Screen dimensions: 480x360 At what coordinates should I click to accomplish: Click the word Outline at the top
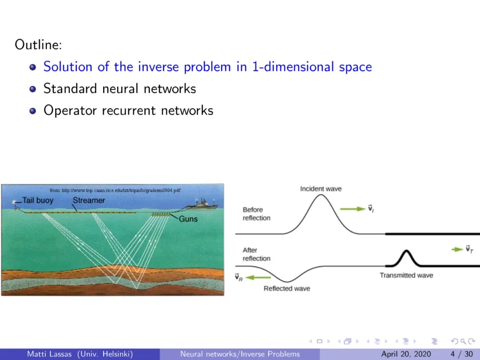(x=38, y=45)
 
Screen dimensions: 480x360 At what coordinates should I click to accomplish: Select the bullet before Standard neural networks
(x=33, y=89)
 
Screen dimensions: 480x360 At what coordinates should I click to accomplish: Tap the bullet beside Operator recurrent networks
(x=33, y=111)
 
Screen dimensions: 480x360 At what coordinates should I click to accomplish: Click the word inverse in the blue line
(x=158, y=67)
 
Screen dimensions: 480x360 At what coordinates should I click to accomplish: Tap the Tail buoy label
(x=38, y=200)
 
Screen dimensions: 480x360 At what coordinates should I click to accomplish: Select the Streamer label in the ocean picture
(x=89, y=200)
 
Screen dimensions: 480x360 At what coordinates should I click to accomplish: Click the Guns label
(x=188, y=219)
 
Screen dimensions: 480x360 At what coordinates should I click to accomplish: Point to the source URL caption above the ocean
(x=115, y=190)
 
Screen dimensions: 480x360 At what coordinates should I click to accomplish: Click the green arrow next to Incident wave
(x=352, y=209)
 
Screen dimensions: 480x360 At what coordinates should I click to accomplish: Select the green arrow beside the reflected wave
(x=258, y=278)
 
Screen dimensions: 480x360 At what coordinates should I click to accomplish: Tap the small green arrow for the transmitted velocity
(x=457, y=249)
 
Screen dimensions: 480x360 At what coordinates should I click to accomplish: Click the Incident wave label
(x=321, y=189)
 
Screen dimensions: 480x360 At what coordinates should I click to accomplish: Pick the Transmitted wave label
(x=406, y=275)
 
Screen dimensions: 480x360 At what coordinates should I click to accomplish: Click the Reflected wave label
(x=287, y=288)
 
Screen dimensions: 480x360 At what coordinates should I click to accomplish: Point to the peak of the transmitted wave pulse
(x=406, y=251)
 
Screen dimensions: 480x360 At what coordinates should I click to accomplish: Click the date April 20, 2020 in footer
(x=406, y=354)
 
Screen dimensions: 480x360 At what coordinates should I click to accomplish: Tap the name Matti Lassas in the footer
(x=49, y=354)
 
